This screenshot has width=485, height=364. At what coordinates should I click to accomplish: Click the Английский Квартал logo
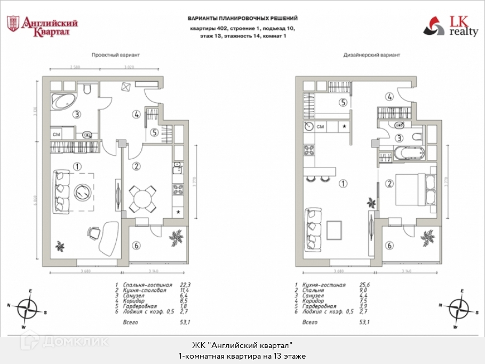point(42,26)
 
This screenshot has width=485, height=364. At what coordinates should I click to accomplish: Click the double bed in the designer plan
point(414,189)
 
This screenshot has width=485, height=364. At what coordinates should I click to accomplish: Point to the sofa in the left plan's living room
point(62,190)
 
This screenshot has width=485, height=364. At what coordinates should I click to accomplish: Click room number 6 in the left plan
point(137,245)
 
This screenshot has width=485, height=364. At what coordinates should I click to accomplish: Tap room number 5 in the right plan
point(344,103)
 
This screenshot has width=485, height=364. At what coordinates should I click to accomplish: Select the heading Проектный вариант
point(116,55)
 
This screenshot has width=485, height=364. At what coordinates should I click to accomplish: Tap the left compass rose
point(27,308)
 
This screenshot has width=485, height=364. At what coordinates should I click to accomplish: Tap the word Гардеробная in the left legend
point(139,305)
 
